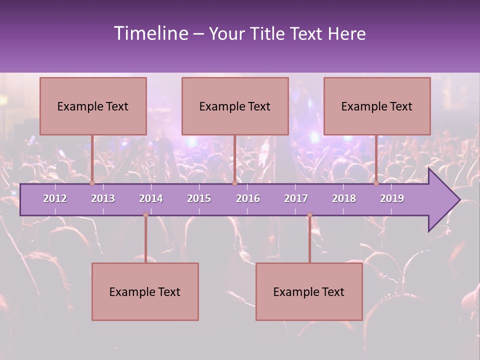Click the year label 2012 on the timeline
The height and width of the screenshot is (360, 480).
point(55,198)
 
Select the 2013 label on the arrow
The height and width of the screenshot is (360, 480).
point(103,198)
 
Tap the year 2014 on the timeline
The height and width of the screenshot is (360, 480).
point(151,198)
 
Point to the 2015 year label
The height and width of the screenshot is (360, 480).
point(199,198)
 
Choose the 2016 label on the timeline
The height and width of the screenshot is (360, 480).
point(248,198)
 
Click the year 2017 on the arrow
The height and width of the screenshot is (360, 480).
point(296,198)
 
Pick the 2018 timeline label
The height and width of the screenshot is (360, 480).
point(344,198)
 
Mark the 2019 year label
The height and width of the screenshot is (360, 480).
point(392,198)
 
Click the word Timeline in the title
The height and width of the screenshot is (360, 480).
point(150,33)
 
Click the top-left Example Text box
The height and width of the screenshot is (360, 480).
point(93,106)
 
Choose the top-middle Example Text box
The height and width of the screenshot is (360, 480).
point(235,106)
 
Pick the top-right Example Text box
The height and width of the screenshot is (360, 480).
point(377,106)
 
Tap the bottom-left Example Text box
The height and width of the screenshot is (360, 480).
point(145,291)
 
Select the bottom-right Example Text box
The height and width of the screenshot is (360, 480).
point(309,291)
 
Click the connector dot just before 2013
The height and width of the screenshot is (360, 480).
point(92,183)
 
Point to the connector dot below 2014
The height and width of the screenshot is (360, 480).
point(145,215)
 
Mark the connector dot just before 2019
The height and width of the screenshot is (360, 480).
point(376,183)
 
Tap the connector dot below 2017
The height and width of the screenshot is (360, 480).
point(309,215)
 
